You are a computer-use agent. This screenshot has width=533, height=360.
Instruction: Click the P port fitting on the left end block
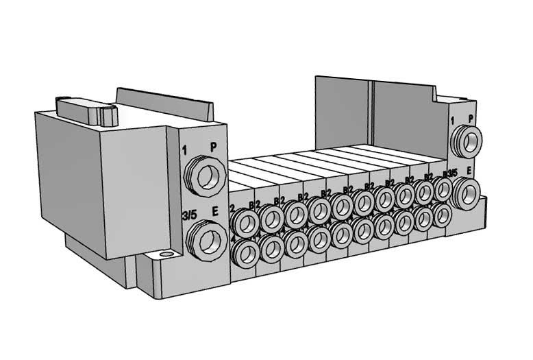[x=206, y=176]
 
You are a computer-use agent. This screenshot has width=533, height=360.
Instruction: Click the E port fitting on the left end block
[x=206, y=241]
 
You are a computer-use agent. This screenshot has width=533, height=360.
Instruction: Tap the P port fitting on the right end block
[x=469, y=141]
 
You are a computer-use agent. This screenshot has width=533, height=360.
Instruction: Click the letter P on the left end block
[x=213, y=147]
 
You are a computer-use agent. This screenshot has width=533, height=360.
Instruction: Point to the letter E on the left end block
[x=214, y=213]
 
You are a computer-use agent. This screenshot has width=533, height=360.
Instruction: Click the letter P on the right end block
[x=471, y=117]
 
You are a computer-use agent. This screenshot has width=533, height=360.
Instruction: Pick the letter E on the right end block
[x=469, y=169]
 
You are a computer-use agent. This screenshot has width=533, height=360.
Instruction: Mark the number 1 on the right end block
[x=453, y=121]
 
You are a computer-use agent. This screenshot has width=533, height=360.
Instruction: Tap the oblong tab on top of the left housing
[x=85, y=110]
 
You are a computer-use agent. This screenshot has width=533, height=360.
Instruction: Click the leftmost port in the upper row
[x=246, y=221]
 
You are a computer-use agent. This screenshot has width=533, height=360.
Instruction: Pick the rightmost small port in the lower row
[x=442, y=216]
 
